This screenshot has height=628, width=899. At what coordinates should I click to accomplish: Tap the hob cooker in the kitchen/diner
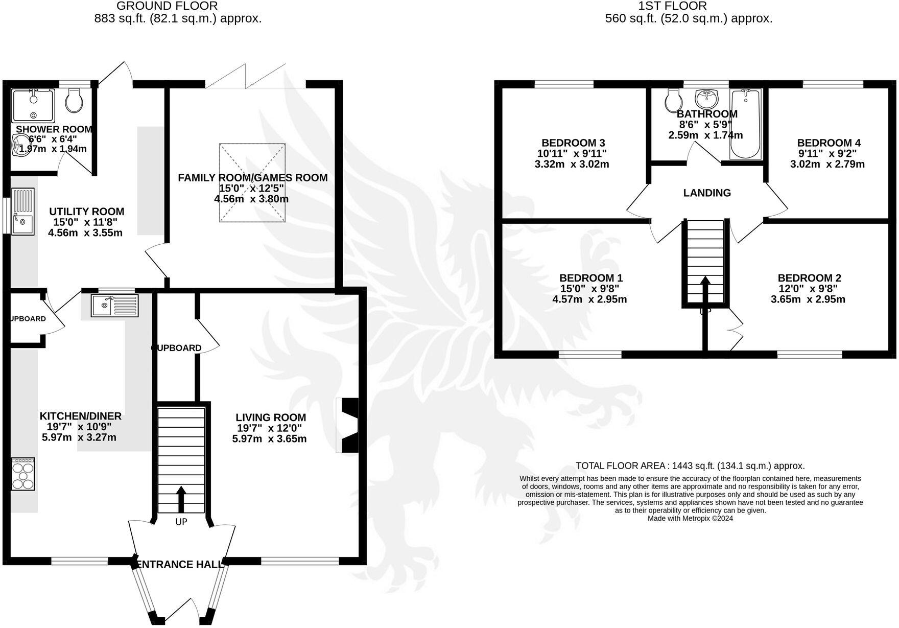coord(23,474)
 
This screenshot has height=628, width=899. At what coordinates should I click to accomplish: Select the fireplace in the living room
coord(348,425)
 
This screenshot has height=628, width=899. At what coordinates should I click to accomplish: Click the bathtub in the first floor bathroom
coord(746,124)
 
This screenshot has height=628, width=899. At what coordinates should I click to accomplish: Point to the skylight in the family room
coord(252,182)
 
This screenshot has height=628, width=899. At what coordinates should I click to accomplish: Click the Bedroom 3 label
coord(573,143)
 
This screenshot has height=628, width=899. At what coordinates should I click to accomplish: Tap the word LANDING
coord(707,193)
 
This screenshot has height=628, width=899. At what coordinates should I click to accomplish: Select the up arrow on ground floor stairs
coord(181,499)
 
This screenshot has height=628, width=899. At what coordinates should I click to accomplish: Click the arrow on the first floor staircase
coord(704,291)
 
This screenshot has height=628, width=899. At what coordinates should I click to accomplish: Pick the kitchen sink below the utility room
coord(115,306)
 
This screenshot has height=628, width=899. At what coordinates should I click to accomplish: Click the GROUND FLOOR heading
coord(167,6)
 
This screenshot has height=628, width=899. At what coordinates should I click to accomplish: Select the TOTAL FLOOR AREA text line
coord(690,466)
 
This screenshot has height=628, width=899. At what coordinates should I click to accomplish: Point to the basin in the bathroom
coord(707,96)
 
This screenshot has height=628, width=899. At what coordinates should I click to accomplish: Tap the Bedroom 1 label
coord(590,278)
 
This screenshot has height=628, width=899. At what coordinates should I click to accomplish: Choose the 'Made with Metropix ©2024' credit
coord(690,518)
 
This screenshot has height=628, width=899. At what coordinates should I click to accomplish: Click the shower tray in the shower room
coord(33,105)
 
